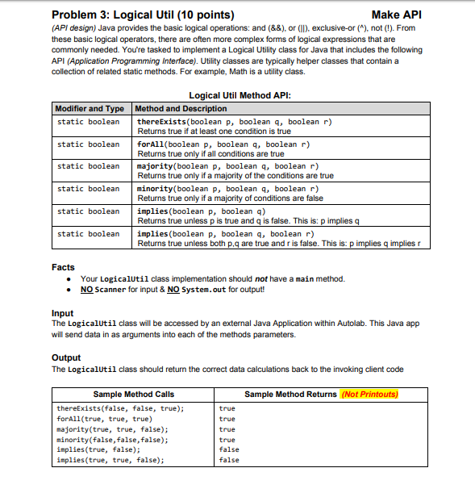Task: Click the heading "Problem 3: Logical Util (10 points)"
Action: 143,14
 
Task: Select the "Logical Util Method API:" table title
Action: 239,96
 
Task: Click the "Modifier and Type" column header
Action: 90,108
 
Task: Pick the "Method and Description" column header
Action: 181,108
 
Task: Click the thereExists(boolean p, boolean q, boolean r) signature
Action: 235,121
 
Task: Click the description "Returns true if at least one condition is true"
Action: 214,131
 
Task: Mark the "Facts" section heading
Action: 63,266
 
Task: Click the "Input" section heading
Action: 62,312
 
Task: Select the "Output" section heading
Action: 65,357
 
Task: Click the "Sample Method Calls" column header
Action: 134,394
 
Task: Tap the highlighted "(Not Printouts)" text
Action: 370,394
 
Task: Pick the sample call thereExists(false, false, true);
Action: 120,408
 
